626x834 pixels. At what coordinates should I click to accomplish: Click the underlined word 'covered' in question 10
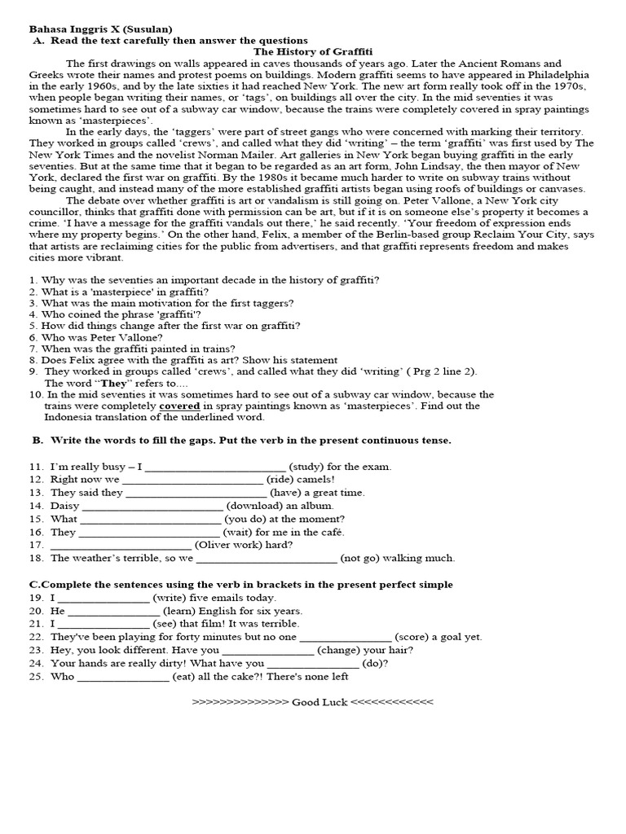[x=179, y=406]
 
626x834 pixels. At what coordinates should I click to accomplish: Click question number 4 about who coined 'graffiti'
[x=33, y=314]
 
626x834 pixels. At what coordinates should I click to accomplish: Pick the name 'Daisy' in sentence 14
[x=64, y=506]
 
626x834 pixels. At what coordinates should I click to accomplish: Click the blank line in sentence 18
[x=267, y=558]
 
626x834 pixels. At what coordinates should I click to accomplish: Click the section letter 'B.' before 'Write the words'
[x=37, y=440]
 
